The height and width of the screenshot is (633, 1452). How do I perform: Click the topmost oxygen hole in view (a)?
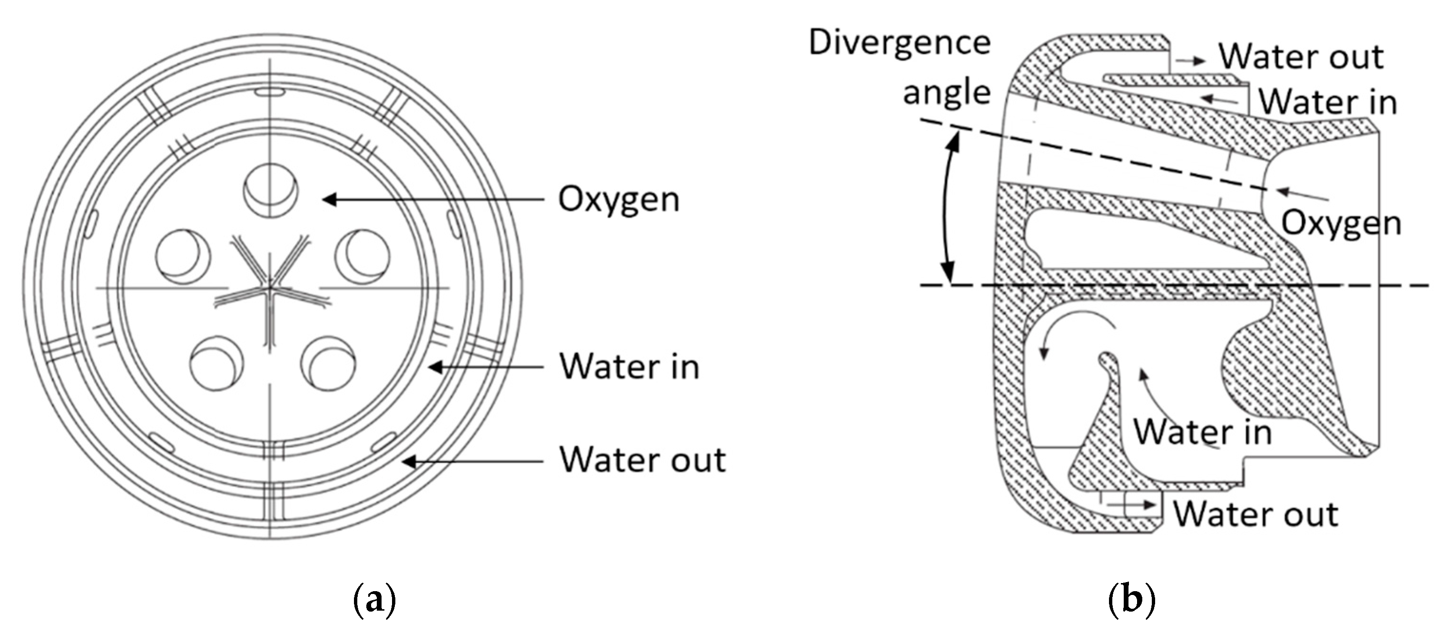coord(271,191)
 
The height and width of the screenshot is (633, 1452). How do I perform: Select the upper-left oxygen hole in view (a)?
coord(183,256)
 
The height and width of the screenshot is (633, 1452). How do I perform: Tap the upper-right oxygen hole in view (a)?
coord(362,256)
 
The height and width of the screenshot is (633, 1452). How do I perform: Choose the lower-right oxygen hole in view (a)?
coord(329,362)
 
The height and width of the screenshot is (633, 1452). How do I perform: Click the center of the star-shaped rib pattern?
coord(271,287)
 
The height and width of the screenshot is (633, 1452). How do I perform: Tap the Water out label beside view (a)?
coord(642,460)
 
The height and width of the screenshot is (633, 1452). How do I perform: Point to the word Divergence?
coord(900,43)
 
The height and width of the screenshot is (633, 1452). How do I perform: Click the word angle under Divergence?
coord(946,92)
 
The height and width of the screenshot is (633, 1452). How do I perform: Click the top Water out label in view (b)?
coord(1301,57)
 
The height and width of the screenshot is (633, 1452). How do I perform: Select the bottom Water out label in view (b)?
coord(1256,514)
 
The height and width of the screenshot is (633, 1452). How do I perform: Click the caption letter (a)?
coord(374,601)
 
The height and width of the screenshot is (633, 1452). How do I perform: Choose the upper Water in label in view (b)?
coord(1327,103)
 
